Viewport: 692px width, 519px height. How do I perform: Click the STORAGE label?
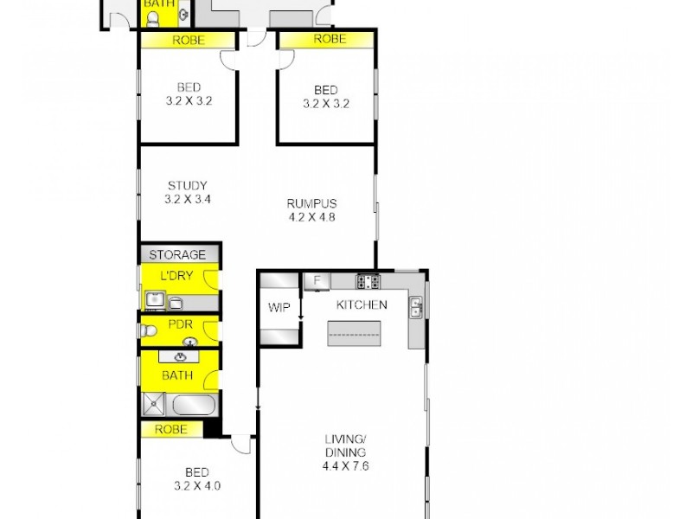point(177,254)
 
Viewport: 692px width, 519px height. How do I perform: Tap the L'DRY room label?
point(177,276)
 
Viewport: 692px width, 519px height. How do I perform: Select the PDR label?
point(181,325)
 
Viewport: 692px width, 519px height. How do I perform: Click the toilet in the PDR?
point(149,330)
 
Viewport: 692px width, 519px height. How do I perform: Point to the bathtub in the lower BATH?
point(193,405)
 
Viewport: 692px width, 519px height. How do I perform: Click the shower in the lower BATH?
point(154,404)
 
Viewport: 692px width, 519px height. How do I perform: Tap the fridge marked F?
point(317,280)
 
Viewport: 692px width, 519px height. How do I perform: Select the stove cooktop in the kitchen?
point(368,280)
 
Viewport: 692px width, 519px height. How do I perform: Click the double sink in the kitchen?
point(416,306)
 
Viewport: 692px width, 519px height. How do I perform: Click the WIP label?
point(279,306)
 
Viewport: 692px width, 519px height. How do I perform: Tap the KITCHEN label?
point(361,305)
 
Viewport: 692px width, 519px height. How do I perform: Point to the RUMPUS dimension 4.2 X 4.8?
point(311,217)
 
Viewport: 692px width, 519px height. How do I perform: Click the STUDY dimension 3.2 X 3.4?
point(189,199)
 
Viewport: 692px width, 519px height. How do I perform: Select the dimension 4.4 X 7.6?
point(345,466)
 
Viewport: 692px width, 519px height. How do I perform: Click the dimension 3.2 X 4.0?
point(196,485)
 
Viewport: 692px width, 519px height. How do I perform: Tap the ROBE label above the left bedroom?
point(189,40)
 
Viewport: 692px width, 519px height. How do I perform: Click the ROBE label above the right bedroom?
point(329,39)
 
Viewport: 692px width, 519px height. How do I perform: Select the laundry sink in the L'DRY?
point(154,301)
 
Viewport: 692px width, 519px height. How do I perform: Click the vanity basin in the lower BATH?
point(180,356)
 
